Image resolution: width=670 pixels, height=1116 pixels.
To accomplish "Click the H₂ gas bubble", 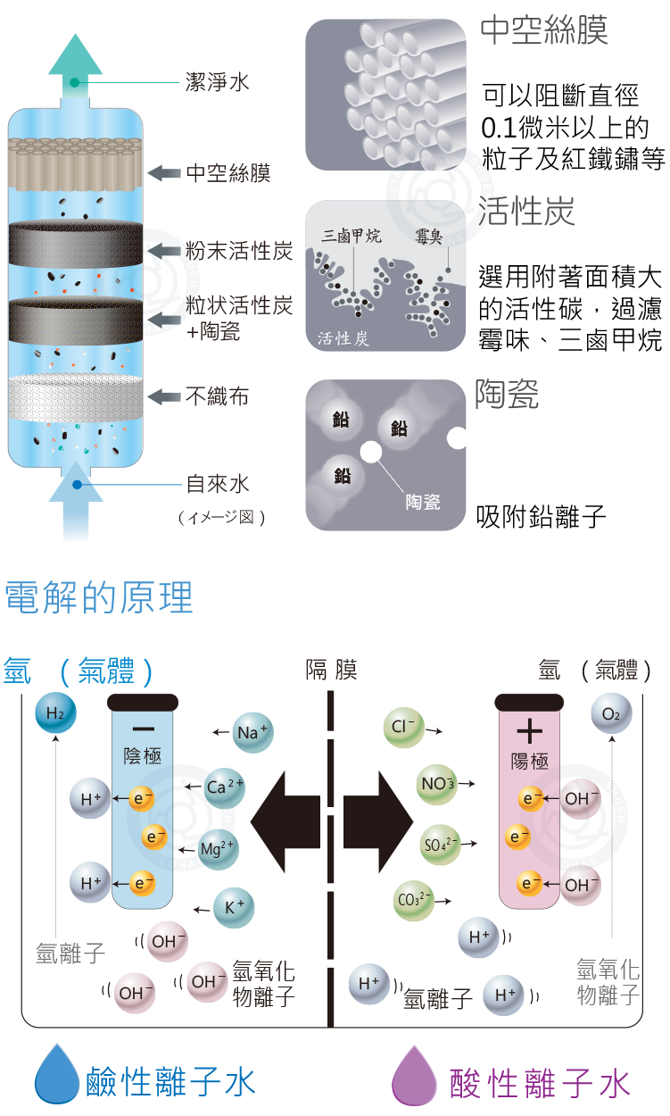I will pos(55,713).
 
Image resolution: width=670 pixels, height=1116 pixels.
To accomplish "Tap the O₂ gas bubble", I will pos(611,714).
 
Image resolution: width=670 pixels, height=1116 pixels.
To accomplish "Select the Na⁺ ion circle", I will pos(252,733).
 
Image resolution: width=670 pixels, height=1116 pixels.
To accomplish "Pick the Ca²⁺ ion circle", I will pos(224,787).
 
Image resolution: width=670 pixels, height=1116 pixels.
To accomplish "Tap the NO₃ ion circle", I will pos(438,785).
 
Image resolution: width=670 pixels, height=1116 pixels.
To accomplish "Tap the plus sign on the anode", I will pos(529,732).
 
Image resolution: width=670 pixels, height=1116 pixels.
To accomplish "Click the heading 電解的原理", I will pos(99,597).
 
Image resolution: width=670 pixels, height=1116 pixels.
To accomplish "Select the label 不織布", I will pos(217,396).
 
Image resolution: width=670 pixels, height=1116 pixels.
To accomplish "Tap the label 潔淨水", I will pos(217,82).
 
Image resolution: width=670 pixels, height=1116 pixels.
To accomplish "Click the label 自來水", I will pos(217,485).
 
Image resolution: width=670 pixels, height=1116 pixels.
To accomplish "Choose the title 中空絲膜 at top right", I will pos(543,30).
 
